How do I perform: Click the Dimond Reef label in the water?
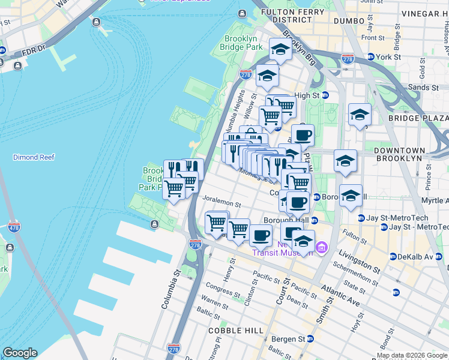click(34, 157)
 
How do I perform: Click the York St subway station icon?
click(370, 57)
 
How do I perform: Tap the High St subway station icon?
click(325, 95)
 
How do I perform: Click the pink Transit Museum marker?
click(322, 247)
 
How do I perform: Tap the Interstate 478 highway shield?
click(14, 227)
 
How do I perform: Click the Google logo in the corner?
click(20, 353)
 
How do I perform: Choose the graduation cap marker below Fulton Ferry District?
click(280, 50)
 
